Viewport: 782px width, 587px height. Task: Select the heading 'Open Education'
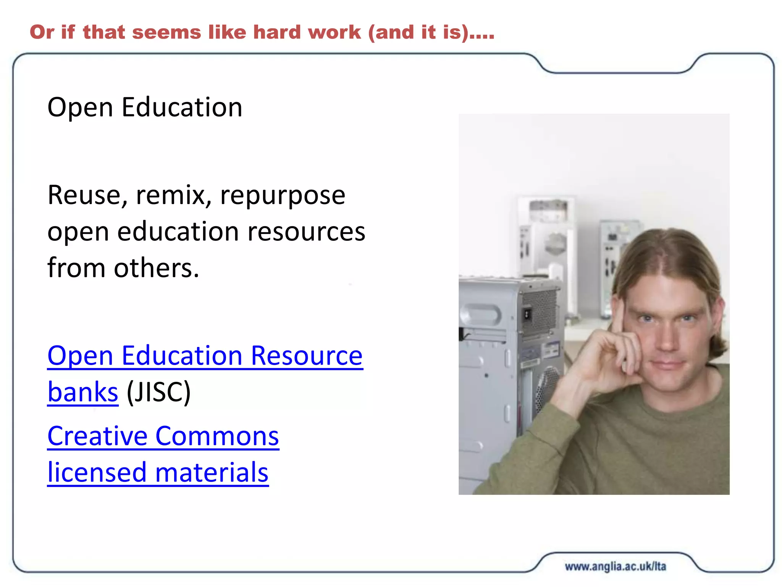click(x=145, y=107)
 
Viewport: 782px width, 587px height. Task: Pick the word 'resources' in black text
click(x=306, y=232)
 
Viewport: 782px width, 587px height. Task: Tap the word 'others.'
click(x=157, y=268)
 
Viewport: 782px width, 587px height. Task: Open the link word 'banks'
click(x=83, y=392)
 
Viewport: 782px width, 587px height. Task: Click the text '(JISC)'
click(x=158, y=392)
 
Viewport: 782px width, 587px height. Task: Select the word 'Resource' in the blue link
click(x=307, y=356)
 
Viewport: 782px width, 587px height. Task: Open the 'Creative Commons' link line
click(x=163, y=436)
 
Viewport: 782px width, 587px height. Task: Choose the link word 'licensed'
click(x=97, y=473)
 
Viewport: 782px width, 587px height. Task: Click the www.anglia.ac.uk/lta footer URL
click(x=615, y=566)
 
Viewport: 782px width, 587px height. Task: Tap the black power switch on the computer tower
click(x=527, y=315)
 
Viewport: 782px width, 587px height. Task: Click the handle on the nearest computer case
click(x=480, y=315)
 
